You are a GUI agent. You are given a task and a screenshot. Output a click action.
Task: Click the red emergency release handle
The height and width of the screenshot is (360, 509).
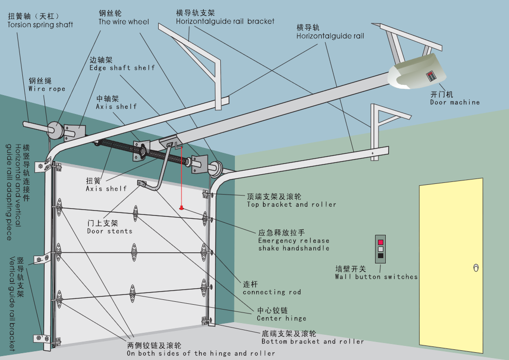point(181,208)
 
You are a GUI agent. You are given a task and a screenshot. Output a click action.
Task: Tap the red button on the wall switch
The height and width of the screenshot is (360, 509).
point(380,242)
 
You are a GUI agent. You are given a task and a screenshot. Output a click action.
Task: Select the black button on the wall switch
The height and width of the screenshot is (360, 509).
point(380,256)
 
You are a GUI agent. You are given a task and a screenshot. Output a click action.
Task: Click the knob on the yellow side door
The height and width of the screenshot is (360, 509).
point(476,268)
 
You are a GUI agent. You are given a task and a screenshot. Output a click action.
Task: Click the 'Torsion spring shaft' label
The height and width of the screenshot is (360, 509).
point(40,25)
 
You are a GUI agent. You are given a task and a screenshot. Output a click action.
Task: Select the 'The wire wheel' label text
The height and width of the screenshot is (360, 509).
point(124,22)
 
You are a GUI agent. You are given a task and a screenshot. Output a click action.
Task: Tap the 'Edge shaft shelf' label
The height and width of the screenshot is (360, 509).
point(122,68)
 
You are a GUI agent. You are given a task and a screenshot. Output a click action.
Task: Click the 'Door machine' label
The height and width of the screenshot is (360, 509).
point(455,102)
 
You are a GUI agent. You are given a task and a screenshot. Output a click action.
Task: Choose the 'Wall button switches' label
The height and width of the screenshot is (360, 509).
point(376,277)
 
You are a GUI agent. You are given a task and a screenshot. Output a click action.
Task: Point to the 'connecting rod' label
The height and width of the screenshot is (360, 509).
point(272,292)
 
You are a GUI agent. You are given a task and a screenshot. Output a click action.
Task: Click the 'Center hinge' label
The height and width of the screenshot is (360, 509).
point(281,318)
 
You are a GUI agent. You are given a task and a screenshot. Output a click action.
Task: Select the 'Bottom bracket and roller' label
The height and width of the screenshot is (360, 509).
point(312,342)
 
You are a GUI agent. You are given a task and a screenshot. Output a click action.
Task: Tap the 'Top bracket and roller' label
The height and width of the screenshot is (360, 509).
point(291,205)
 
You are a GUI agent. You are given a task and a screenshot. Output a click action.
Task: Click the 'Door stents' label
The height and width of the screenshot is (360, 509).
point(110,231)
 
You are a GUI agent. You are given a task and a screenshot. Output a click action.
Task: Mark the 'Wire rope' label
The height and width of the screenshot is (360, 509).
point(47,89)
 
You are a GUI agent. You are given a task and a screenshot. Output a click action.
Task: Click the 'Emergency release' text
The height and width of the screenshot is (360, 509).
point(294,241)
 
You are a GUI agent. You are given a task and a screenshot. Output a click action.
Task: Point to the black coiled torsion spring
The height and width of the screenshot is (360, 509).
point(143,151)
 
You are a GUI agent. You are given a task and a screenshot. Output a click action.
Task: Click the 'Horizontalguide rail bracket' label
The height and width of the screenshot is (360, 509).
point(225,21)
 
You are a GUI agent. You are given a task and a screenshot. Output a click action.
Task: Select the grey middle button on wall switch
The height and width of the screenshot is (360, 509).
point(380,249)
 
